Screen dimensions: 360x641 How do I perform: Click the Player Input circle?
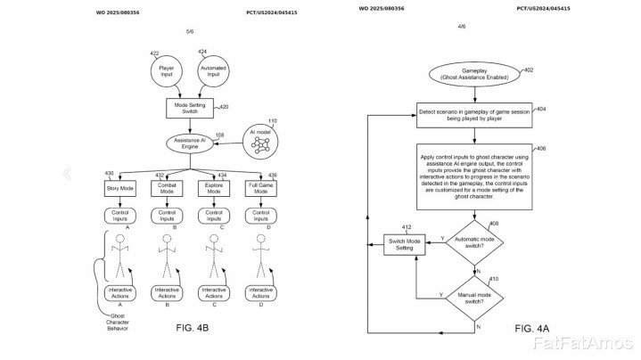coord(166,70)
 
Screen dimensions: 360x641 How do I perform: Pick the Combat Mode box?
coord(166,189)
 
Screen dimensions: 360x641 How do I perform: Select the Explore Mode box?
coord(212,189)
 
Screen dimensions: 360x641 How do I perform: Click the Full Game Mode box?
coord(260,189)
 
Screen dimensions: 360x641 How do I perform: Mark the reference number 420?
coord(224,106)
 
